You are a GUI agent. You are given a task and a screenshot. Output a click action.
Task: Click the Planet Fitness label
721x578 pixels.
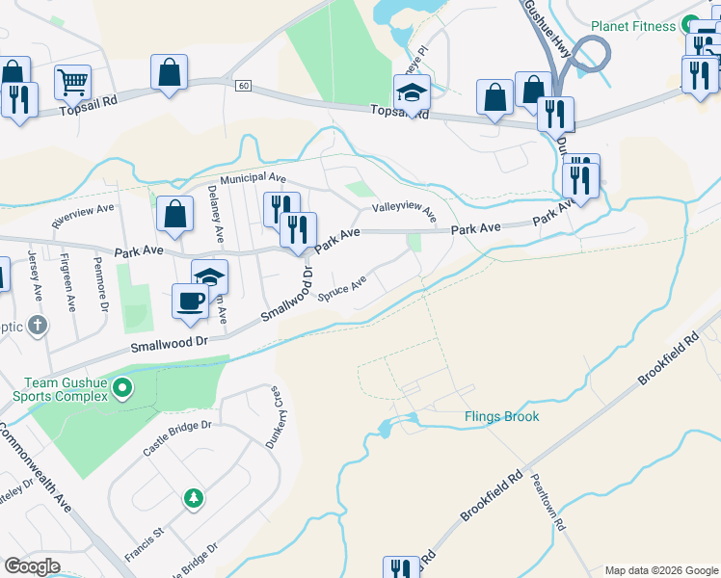[633, 26]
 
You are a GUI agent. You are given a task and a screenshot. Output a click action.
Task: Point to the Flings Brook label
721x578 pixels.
[501, 417]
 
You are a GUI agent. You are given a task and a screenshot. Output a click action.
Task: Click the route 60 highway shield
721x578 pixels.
[242, 86]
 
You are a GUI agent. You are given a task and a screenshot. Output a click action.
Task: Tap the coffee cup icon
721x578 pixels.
[190, 300]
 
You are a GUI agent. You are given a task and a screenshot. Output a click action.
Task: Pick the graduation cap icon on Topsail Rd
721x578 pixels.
[412, 92]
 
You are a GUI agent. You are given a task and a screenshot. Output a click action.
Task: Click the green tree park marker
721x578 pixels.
[194, 498]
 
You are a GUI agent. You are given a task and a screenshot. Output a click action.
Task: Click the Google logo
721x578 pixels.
[32, 566]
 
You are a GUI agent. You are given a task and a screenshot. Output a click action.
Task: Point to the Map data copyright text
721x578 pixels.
[660, 570]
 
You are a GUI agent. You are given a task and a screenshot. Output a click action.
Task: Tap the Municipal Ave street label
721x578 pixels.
[254, 179]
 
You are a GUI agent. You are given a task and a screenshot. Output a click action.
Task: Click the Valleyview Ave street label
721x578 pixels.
[404, 211]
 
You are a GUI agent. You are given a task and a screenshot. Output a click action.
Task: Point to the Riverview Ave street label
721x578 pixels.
[83, 214]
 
